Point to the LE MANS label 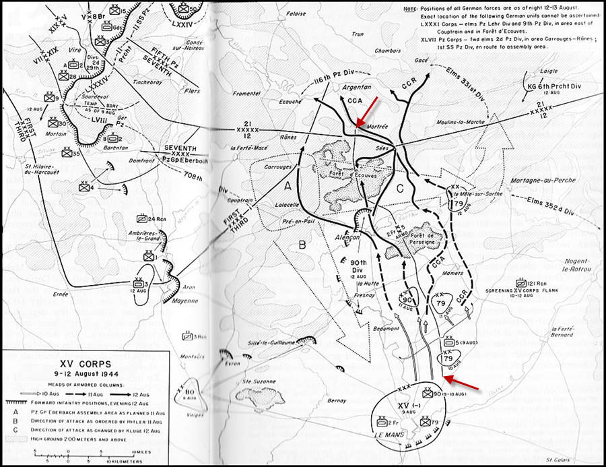(407, 437)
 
